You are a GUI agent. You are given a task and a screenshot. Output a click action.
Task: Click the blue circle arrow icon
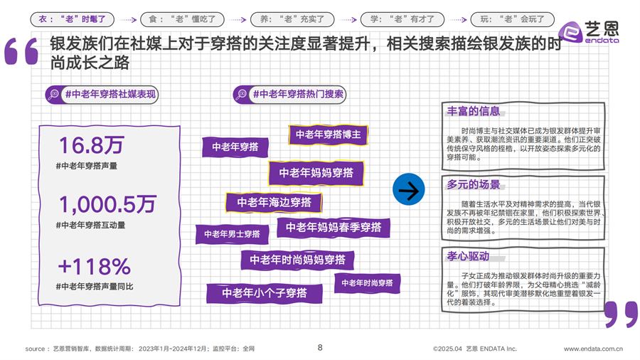point(409,189)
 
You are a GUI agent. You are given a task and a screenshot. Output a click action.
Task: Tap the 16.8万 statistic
point(92,145)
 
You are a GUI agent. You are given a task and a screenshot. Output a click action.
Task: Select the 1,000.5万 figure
point(108,204)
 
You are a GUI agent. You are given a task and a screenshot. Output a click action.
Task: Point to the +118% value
point(95,267)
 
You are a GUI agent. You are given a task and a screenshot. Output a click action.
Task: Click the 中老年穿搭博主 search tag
point(328,134)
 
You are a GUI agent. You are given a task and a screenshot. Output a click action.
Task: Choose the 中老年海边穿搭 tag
point(274,202)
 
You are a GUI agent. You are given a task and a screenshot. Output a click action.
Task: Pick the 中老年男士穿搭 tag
point(233,234)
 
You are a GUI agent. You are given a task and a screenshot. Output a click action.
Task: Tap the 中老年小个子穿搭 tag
point(265,293)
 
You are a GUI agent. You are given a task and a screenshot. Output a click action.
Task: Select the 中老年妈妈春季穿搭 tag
point(334,228)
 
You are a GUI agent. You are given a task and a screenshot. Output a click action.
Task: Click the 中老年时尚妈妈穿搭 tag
point(297,260)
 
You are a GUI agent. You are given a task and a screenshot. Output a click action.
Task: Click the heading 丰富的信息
point(474,111)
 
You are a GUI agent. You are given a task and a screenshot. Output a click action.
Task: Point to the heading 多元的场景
point(474,184)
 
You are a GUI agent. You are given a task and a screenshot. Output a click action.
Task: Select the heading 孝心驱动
point(468,256)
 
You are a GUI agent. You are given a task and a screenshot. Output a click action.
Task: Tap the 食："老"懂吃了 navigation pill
point(182,19)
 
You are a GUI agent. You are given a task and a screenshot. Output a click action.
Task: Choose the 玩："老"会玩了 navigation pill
point(512,19)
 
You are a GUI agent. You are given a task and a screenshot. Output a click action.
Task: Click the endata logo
point(589,32)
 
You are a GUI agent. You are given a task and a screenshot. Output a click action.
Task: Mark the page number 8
point(320,347)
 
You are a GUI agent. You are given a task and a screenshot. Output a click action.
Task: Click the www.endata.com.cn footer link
point(594,349)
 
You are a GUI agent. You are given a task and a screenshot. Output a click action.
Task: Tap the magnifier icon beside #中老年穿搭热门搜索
point(241,95)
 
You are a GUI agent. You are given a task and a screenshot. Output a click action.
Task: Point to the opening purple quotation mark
point(21,51)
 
